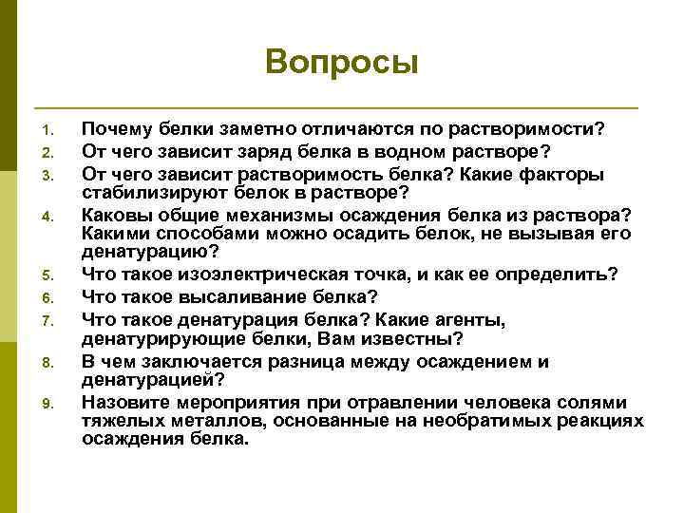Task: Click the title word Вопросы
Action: (342, 63)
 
